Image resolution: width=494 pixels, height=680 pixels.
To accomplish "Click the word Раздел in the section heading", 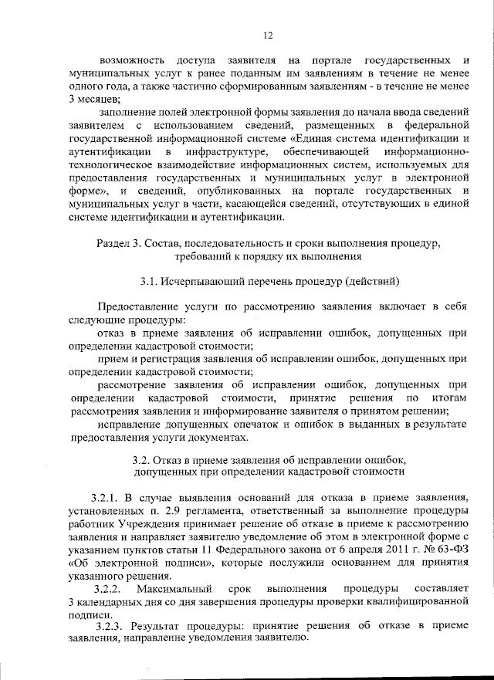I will tap(113, 243).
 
